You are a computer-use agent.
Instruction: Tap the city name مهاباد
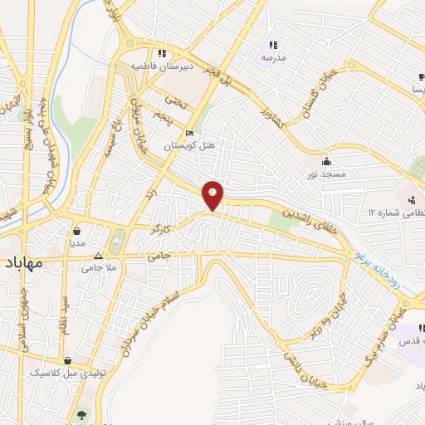coord(29,264)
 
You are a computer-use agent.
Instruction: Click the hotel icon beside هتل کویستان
coord(190,133)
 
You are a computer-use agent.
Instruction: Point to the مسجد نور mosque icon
coord(325,161)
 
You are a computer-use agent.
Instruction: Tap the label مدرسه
coord(273,58)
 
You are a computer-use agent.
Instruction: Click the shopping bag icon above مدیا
coord(76,231)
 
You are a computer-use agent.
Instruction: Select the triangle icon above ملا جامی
coord(98,256)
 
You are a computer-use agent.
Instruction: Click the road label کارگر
coord(161,226)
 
